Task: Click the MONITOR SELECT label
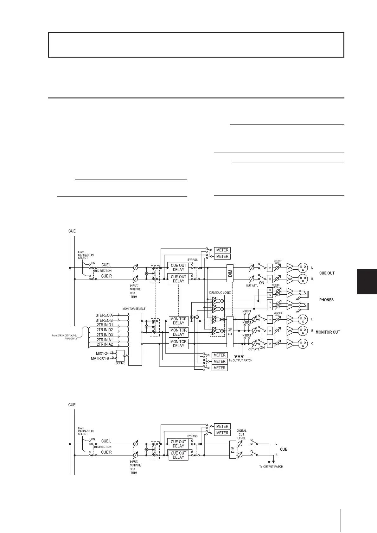[x=134, y=309]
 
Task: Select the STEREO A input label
[x=104, y=315]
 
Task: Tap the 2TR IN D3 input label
[x=105, y=335]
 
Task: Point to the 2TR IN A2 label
[x=105, y=344]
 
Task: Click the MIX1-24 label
[x=102, y=353]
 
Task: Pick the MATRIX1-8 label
[x=100, y=358]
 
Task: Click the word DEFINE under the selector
[x=120, y=363]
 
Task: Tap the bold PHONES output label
[x=326, y=300]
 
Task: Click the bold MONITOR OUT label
[x=328, y=332]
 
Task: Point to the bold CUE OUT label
[x=327, y=273]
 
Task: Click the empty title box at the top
[x=196, y=45]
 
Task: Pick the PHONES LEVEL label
[x=276, y=286]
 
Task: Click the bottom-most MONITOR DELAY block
[x=178, y=344]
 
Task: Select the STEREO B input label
[x=104, y=320]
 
